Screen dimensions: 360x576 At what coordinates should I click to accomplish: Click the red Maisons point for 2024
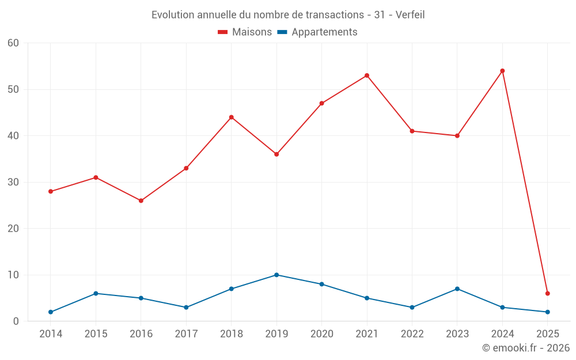[502, 71]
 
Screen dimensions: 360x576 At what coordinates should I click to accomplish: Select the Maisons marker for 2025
[547, 293]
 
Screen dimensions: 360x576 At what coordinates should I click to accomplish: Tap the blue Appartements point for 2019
[276, 275]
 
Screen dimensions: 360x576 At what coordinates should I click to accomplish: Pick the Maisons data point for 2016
[141, 200]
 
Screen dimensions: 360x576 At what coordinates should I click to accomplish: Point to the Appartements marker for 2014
[51, 312]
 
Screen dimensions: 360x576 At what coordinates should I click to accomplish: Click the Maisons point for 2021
[367, 75]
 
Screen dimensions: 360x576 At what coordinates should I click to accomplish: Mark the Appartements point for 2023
[457, 289]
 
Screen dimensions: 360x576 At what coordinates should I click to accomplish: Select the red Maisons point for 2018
[232, 117]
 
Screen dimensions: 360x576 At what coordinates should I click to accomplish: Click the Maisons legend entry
[245, 32]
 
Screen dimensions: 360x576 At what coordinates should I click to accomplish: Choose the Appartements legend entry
[317, 32]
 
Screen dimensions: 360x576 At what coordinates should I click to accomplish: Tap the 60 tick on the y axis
[14, 43]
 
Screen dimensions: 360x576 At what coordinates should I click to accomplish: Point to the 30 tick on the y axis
[14, 182]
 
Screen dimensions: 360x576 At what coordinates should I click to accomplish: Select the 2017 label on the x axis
[186, 334]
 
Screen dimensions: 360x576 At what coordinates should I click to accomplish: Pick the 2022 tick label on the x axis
[412, 334]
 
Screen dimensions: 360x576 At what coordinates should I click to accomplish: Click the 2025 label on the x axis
[547, 334]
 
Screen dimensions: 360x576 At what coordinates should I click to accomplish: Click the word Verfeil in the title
[410, 15]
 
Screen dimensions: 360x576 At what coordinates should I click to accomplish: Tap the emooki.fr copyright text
[525, 348]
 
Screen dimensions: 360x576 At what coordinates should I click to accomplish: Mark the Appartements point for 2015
[96, 293]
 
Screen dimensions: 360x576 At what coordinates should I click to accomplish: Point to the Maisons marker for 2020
[322, 103]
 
